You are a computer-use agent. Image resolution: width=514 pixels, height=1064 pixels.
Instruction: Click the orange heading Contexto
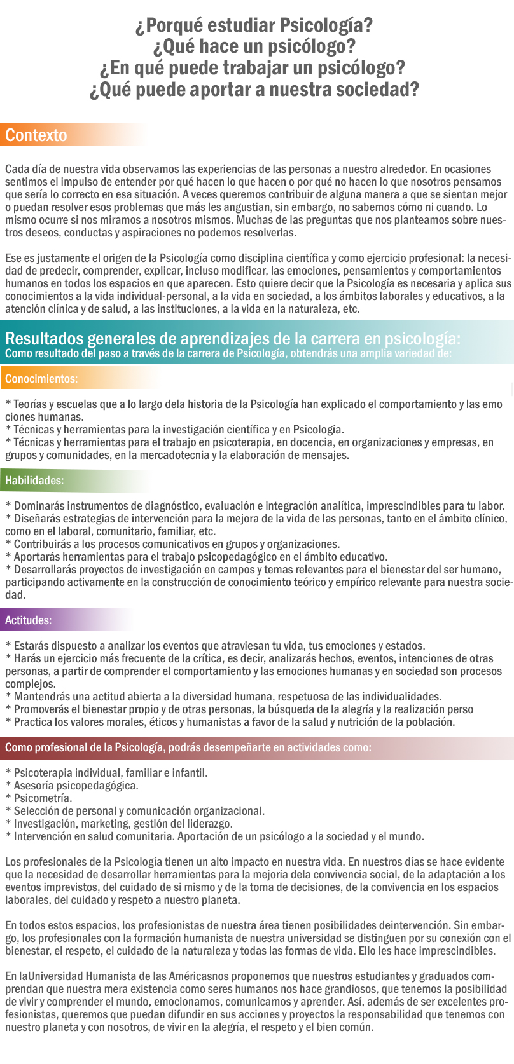click(x=36, y=135)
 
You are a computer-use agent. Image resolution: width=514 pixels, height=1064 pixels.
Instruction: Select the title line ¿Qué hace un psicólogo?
click(x=254, y=46)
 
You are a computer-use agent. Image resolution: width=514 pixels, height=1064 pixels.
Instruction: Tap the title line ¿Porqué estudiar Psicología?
click(x=254, y=25)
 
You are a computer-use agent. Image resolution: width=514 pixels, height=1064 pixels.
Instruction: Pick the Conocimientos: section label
click(x=41, y=379)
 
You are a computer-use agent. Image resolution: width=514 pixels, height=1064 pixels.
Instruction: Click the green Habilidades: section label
click(x=34, y=481)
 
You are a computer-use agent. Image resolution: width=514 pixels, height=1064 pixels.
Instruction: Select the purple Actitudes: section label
click(x=29, y=620)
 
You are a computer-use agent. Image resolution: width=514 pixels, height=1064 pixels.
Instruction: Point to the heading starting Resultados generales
click(x=233, y=337)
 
